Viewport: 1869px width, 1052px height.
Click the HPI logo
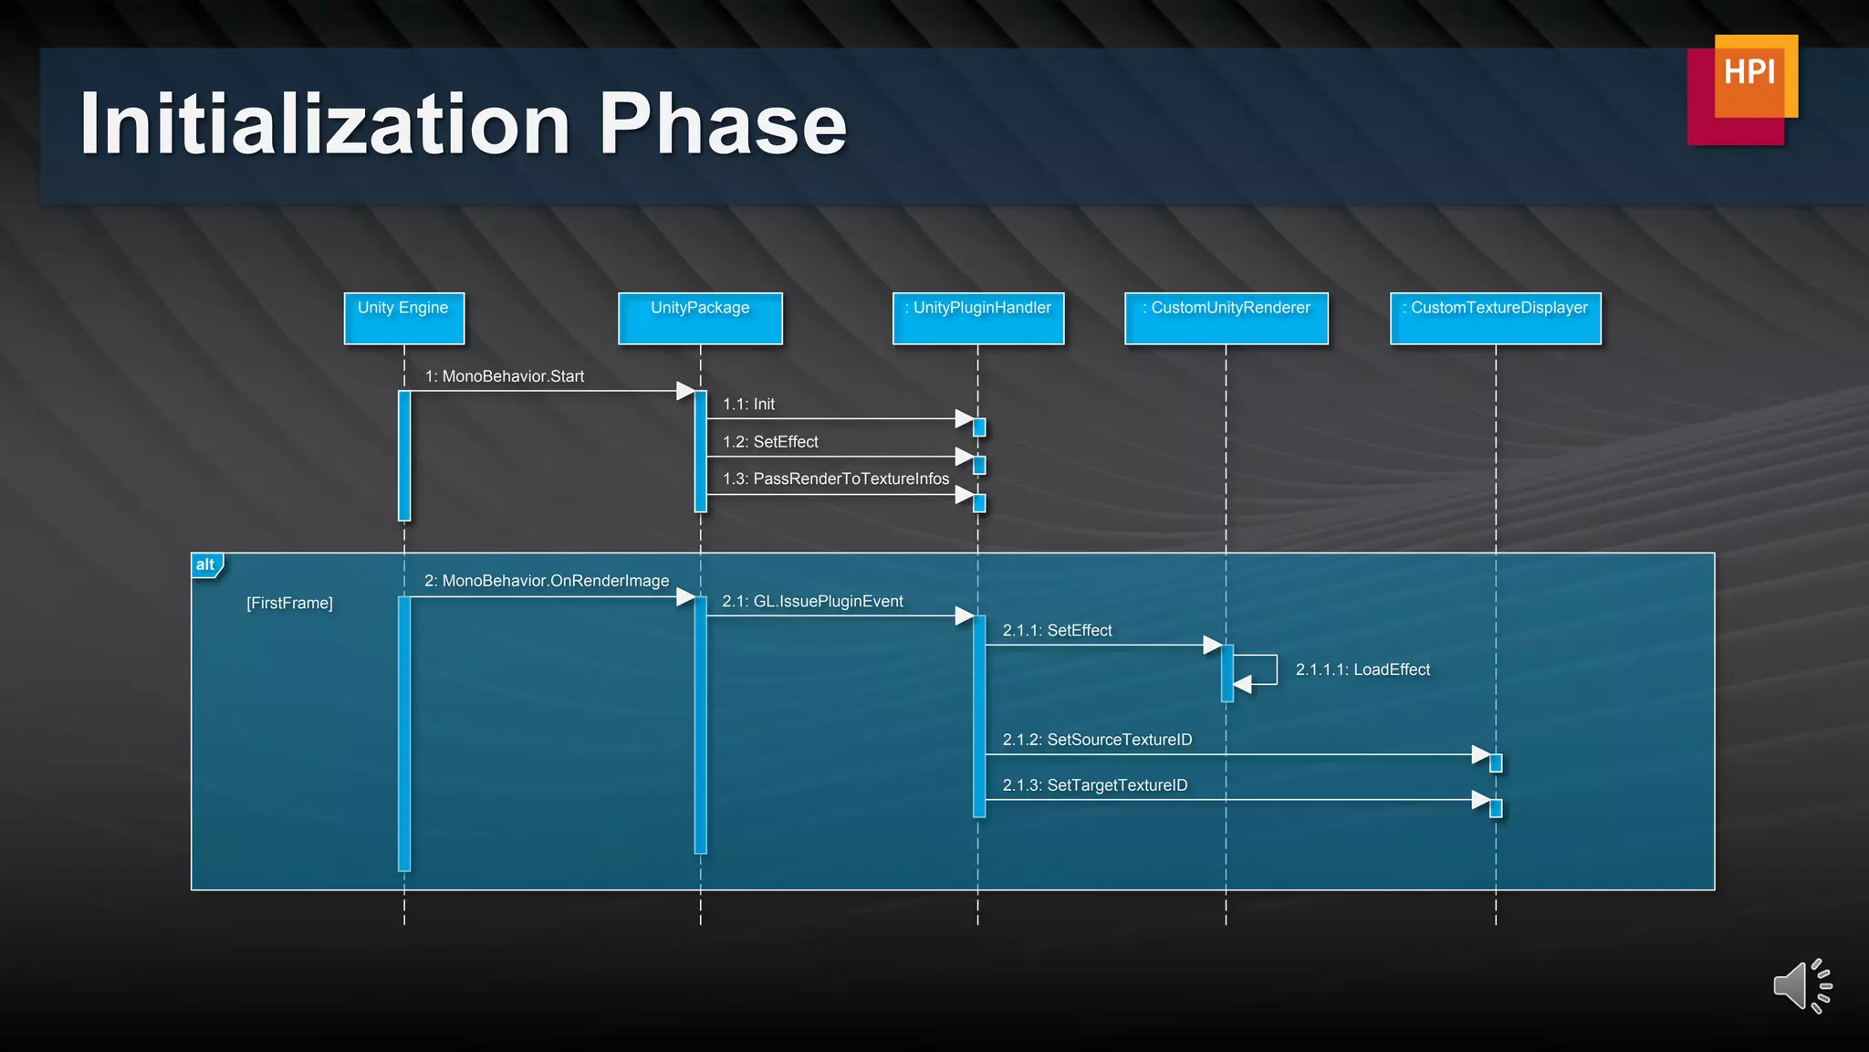[1743, 88]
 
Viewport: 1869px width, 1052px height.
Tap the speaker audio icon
[1801, 986]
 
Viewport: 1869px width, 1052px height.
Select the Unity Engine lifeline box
[403, 318]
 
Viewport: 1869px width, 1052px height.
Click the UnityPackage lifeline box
[700, 318]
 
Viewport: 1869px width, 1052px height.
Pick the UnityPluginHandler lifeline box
[978, 318]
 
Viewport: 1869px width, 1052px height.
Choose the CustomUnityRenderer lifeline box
[1226, 318]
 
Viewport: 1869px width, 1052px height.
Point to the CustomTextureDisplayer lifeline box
[1495, 318]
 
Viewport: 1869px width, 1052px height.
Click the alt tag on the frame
[205, 564]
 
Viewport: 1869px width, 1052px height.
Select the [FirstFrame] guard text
[289, 603]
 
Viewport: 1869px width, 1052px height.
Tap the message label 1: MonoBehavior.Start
[505, 376]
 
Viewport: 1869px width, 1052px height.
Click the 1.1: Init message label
[748, 404]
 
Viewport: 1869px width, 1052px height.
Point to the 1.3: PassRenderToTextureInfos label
[836, 479]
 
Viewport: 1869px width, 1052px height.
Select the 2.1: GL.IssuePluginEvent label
[812, 601]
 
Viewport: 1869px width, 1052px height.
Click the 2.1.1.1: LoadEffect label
[1363, 669]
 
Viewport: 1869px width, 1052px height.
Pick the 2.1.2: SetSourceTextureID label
[1097, 740]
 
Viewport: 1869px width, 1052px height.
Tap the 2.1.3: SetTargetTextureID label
[1095, 785]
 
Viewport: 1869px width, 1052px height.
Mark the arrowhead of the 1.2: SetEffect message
[965, 457]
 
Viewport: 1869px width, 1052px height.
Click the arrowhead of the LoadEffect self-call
[1242, 684]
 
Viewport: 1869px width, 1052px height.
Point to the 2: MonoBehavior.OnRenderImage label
[547, 581]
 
